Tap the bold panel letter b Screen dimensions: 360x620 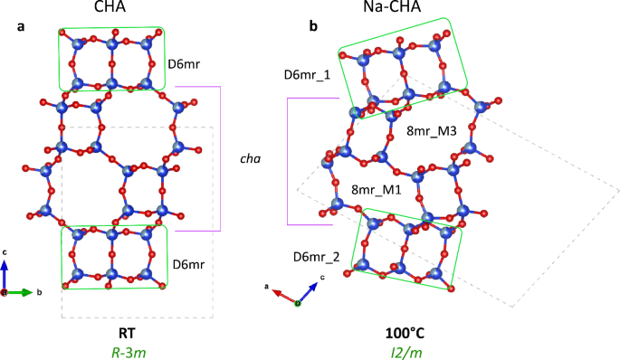click(x=313, y=27)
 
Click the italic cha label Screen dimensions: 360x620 click(x=250, y=159)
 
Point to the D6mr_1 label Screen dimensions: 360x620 click(x=308, y=74)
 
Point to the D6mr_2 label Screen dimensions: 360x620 click(x=317, y=257)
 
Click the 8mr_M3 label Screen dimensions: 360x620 click(x=432, y=131)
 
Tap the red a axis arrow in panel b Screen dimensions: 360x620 click(x=284, y=295)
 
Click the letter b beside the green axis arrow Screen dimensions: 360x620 click(x=40, y=293)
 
